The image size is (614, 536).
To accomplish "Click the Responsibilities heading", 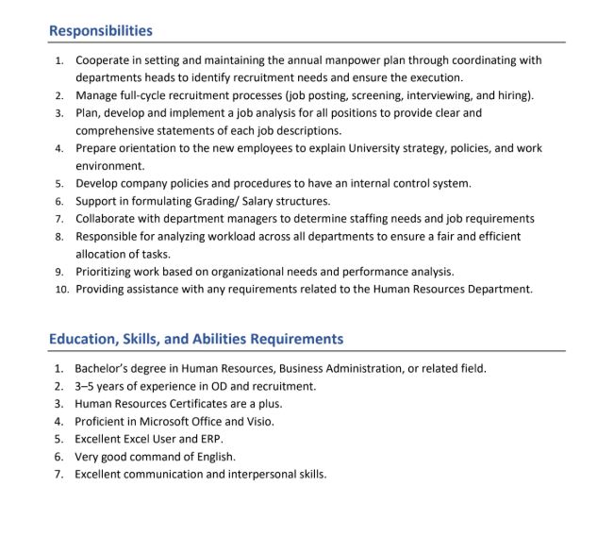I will click(x=100, y=31).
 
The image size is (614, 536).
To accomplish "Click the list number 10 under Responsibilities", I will click(x=59, y=289).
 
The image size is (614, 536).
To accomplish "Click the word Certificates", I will click(x=205, y=404).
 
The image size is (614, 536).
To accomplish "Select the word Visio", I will click(x=259, y=422).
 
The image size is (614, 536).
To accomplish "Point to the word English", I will click(x=214, y=457).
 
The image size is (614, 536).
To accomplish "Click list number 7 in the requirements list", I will click(x=58, y=475).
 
